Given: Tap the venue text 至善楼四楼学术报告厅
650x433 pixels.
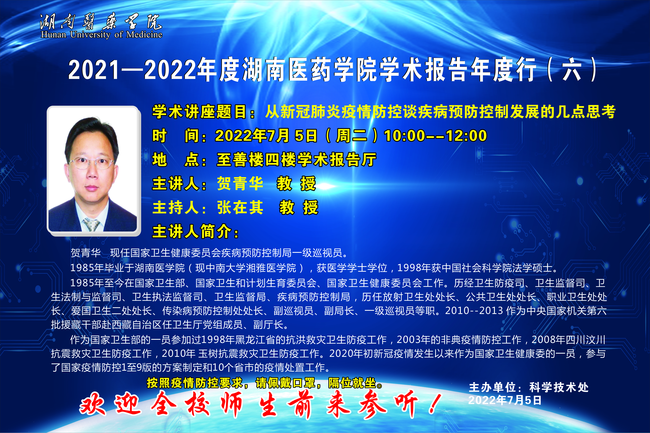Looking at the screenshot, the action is coord(296,160).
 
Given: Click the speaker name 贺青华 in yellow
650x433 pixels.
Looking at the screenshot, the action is coord(240,183).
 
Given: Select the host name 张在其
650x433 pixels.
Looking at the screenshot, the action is coord(240,207).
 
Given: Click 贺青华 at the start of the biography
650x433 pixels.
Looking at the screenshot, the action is coord(86,253).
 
